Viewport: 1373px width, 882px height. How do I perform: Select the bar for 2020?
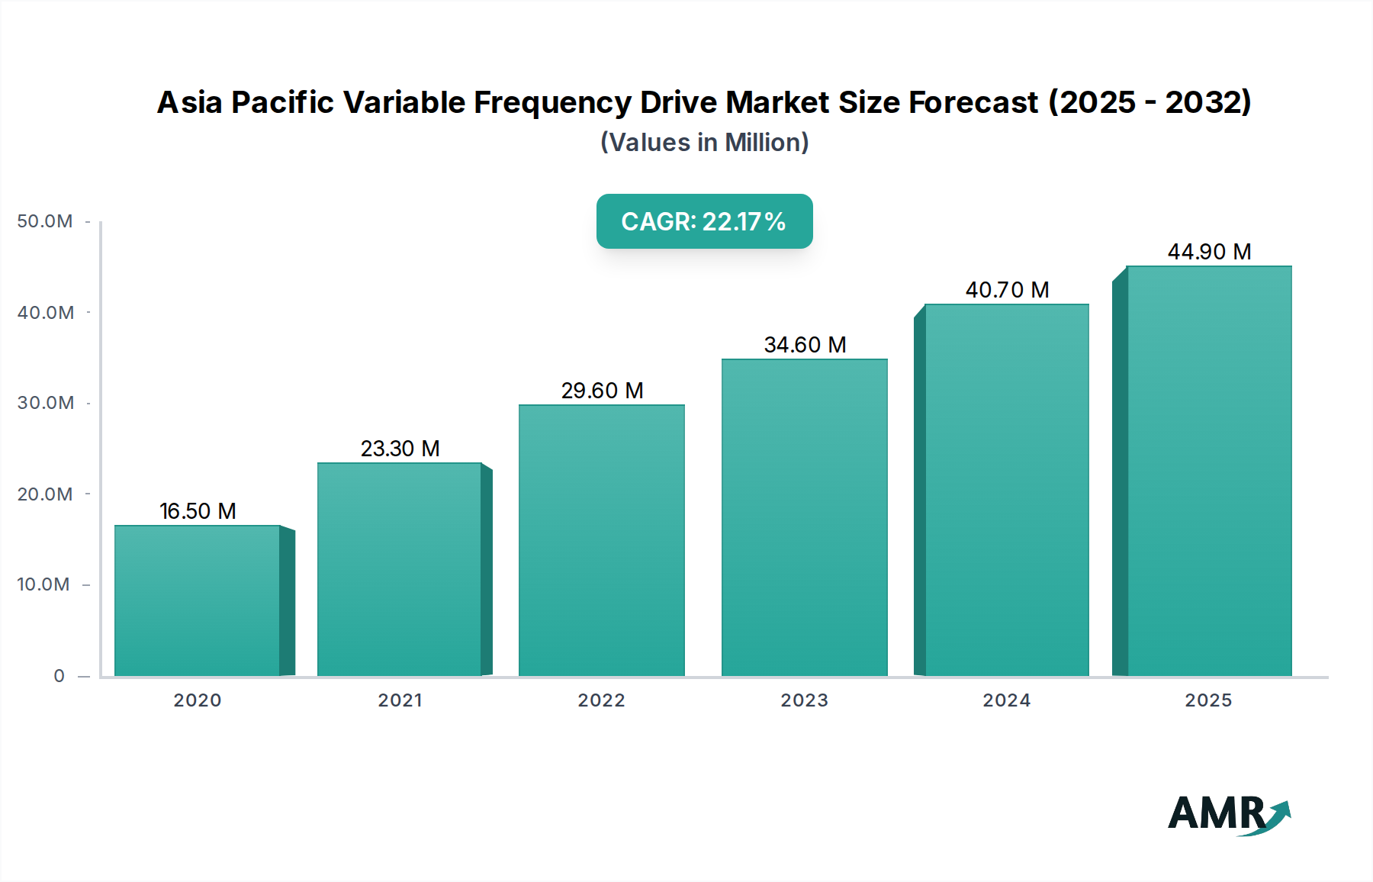[x=197, y=600]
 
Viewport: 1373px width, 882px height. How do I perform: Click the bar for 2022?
[x=601, y=540]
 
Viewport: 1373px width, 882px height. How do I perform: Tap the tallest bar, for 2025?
[x=1209, y=471]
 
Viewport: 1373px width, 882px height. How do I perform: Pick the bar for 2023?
[x=804, y=517]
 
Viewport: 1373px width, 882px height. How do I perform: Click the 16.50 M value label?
[x=198, y=511]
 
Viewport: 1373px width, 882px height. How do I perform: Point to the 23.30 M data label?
[x=400, y=449]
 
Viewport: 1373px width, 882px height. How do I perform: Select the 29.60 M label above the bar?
[x=602, y=391]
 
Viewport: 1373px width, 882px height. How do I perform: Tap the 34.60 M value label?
[x=805, y=345]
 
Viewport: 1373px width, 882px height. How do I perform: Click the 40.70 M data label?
[x=1007, y=290]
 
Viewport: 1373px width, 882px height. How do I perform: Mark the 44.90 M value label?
[x=1209, y=252]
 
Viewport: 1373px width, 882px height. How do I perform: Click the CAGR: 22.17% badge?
[x=704, y=221]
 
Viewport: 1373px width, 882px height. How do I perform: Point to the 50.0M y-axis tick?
[x=45, y=221]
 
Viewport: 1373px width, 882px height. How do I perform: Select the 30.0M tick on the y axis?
[x=45, y=403]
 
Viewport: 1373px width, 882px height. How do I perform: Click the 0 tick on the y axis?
[x=59, y=676]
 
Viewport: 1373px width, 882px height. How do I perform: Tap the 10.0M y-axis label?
[x=43, y=584]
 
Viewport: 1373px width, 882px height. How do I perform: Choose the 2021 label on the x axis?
[x=400, y=700]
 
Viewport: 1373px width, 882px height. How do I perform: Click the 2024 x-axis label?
[x=1006, y=700]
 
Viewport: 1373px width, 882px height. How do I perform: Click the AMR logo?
[x=1228, y=814]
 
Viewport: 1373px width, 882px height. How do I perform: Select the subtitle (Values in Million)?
[x=704, y=143]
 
